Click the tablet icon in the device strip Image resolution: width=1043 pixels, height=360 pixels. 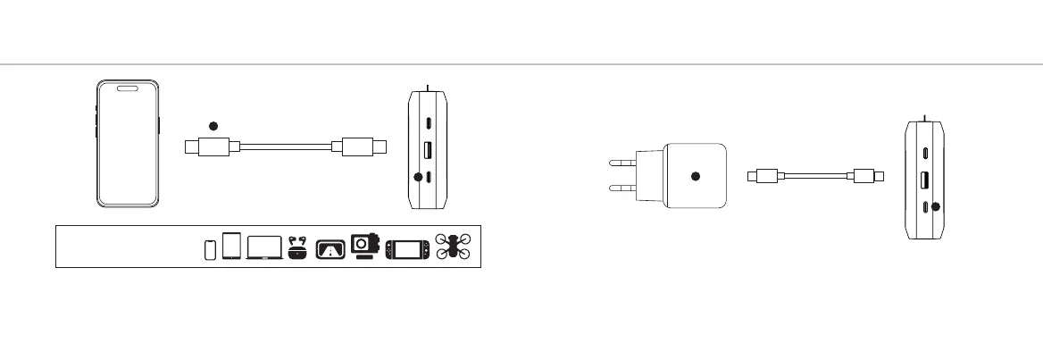pos(232,246)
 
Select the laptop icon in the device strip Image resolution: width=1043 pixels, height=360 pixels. pos(264,247)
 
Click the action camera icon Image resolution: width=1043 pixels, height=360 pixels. pos(363,246)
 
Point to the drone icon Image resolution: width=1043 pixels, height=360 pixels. pos(454,247)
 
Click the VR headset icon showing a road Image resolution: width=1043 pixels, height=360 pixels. pos(330,249)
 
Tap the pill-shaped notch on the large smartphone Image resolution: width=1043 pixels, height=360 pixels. pos(129,88)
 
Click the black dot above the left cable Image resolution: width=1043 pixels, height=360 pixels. pos(213,126)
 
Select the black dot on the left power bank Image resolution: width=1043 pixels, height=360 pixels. pos(418,177)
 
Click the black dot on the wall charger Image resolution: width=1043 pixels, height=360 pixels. pos(696,176)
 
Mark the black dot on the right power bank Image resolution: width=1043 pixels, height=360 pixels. pos(935,206)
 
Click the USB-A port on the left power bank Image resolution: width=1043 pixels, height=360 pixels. pos(429,150)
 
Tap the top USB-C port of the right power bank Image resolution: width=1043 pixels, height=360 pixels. pos(924,152)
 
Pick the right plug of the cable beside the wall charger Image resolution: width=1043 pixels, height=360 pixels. pos(867,176)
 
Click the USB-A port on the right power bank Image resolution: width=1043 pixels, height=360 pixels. pos(924,180)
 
